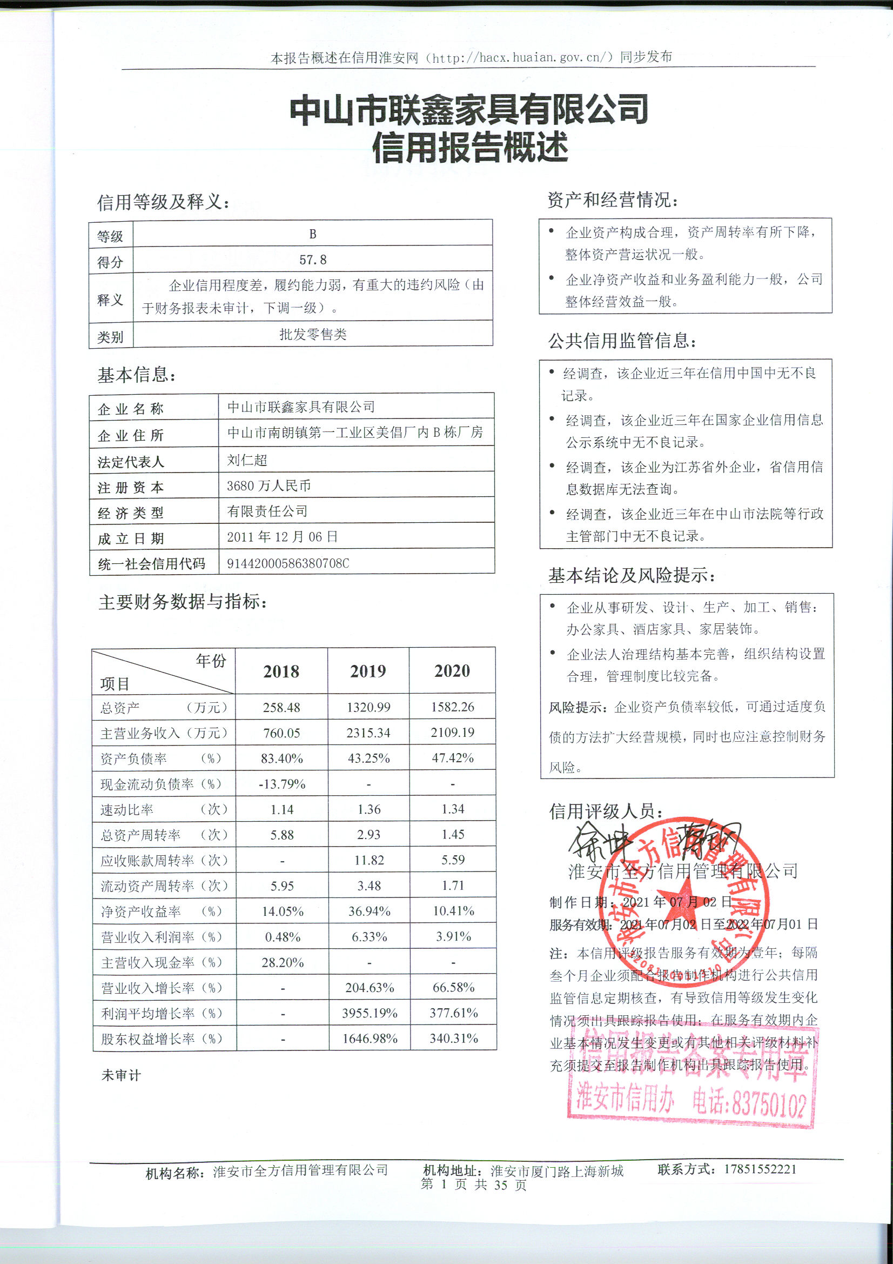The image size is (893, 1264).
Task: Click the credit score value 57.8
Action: (x=312, y=260)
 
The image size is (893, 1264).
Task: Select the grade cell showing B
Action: (x=312, y=234)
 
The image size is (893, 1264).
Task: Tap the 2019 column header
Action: (x=368, y=671)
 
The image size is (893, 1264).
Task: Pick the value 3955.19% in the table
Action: (x=369, y=1013)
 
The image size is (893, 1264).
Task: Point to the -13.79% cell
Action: (x=281, y=784)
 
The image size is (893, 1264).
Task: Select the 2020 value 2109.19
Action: (x=453, y=733)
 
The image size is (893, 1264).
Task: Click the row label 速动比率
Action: (x=127, y=810)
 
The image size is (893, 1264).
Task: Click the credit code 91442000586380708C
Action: (x=288, y=563)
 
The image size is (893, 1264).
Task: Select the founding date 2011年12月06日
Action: (x=282, y=537)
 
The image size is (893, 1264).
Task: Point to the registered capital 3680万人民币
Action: (x=268, y=485)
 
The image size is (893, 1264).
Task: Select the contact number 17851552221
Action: (x=760, y=1169)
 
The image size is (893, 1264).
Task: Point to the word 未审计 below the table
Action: (x=121, y=1075)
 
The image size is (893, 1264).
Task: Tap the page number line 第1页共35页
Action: (x=473, y=1185)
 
